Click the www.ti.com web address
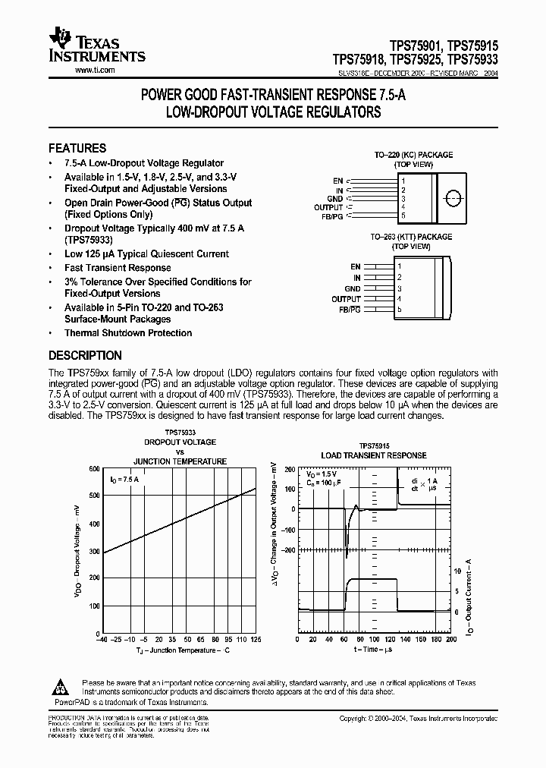(95, 70)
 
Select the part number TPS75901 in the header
(411, 45)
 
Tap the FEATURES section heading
(77, 149)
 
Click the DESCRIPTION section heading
(85, 355)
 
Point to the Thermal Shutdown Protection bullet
(127, 333)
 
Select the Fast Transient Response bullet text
(118, 268)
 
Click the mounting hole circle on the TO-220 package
(453, 199)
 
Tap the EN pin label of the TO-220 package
(338, 181)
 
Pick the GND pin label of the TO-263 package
(352, 289)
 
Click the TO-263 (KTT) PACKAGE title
(411, 237)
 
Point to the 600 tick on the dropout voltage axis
(94, 469)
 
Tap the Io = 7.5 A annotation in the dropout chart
(124, 480)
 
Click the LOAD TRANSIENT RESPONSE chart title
(373, 456)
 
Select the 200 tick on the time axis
(451, 639)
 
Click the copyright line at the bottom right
(418, 718)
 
